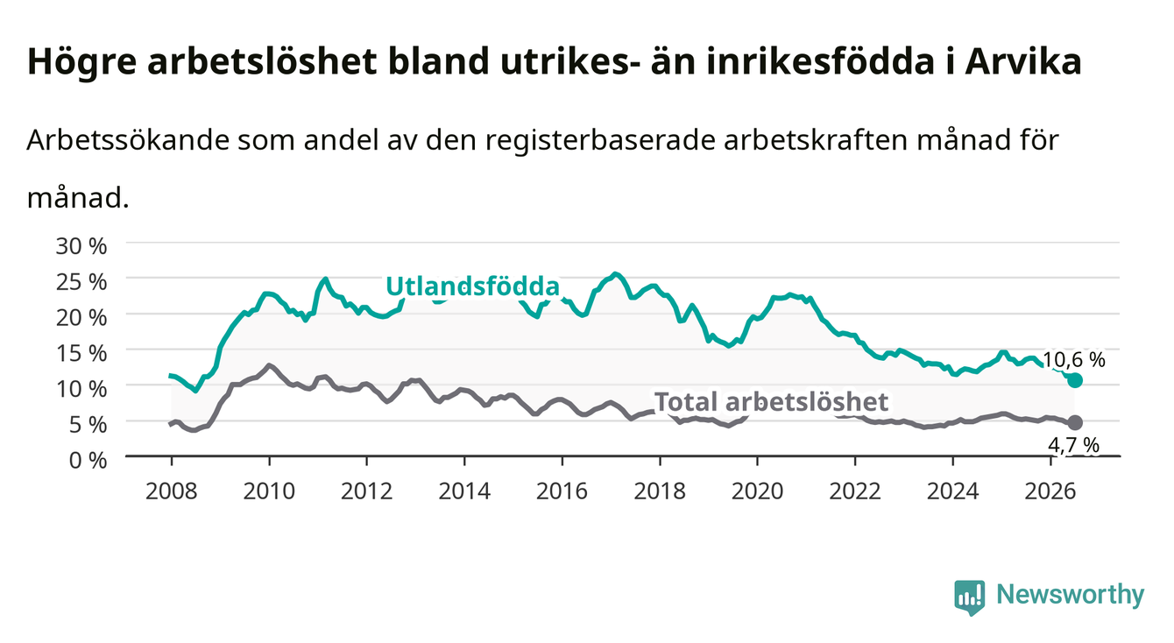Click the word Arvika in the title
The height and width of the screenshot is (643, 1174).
[1023, 61]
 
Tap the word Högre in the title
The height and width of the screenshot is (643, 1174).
[81, 62]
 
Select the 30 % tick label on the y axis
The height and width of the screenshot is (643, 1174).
[81, 246]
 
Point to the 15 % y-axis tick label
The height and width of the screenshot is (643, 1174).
[81, 353]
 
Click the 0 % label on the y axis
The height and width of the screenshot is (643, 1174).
[88, 460]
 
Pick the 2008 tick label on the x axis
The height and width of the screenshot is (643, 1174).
[172, 491]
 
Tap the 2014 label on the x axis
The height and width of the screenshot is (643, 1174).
[464, 491]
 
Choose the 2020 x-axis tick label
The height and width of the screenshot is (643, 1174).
[757, 491]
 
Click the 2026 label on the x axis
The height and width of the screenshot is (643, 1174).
[1050, 491]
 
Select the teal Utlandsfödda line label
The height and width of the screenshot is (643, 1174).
[473, 287]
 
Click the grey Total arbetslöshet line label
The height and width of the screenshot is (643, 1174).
[772, 402]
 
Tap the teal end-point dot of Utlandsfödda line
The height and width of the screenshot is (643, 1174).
[1075, 380]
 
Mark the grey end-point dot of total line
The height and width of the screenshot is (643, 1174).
[1075, 422]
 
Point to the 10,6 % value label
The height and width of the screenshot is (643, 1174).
[1074, 360]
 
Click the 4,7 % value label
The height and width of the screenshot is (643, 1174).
[1073, 445]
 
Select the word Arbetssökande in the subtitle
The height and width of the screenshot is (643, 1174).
[128, 140]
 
